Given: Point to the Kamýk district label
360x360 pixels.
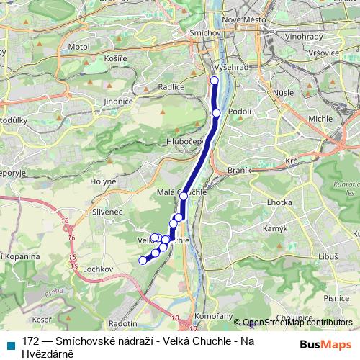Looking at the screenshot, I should [x=276, y=228].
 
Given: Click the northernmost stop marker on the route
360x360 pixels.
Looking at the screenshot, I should [x=215, y=80].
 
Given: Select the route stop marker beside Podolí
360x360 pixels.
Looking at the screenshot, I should [x=217, y=113].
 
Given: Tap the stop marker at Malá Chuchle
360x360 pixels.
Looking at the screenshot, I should [x=184, y=196].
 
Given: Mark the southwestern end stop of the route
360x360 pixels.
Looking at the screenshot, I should [x=143, y=260].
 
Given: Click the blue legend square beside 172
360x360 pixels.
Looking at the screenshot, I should [x=9, y=344].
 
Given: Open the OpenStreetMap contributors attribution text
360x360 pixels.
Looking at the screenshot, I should [x=298, y=323].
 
